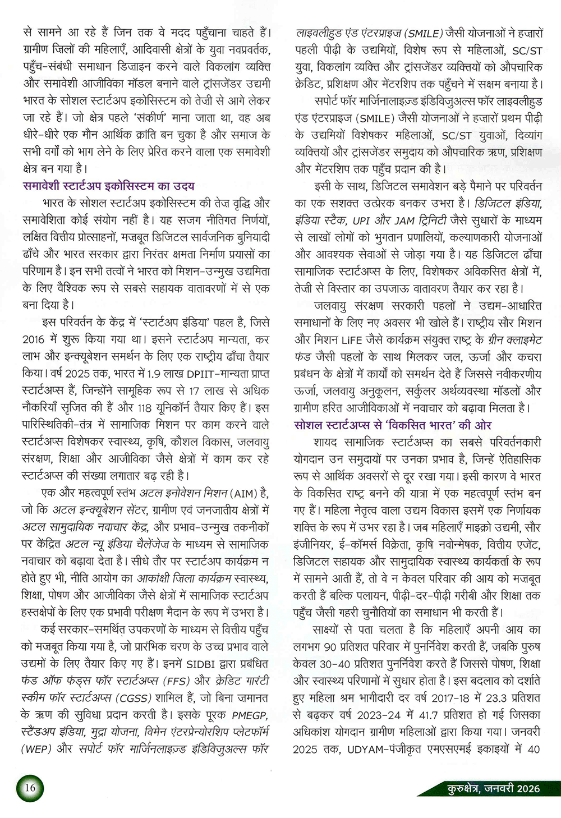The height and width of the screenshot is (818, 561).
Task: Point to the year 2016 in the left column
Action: [34, 340]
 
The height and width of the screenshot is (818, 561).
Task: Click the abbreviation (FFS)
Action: [177, 681]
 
